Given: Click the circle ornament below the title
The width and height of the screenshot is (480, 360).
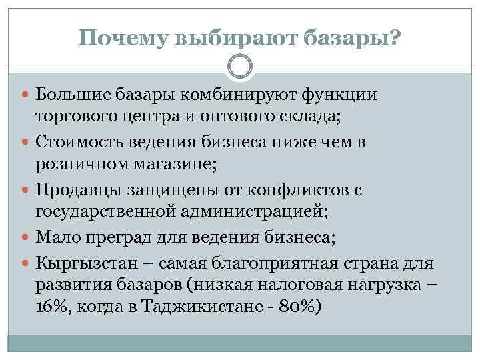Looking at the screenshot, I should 239,67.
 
